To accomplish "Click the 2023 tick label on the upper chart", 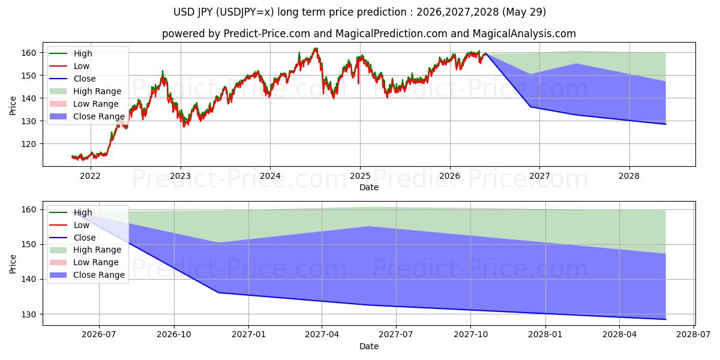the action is pyautogui.click(x=181, y=176).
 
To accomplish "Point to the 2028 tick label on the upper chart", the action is pyautogui.click(x=629, y=176).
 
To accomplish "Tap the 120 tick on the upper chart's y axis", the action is pyautogui.click(x=29, y=144).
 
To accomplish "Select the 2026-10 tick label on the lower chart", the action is pyautogui.click(x=174, y=335).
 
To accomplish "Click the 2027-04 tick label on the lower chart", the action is pyautogui.click(x=322, y=335).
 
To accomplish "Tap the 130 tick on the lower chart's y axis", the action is pyautogui.click(x=29, y=314).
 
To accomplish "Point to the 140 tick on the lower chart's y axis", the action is pyautogui.click(x=29, y=280).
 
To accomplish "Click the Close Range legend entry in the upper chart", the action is pyautogui.click(x=87, y=116).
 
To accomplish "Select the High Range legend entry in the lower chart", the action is pyautogui.click(x=85, y=250).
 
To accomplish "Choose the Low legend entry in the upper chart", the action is pyautogui.click(x=70, y=66).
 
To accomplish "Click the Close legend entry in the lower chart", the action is pyautogui.click(x=73, y=238).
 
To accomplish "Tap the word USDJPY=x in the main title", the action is pyautogui.click(x=245, y=12).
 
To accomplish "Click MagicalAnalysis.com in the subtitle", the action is pyautogui.click(x=524, y=34).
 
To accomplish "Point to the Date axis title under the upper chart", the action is pyautogui.click(x=368, y=187).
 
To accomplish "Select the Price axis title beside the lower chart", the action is pyautogui.click(x=13, y=264).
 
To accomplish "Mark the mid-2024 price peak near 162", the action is pyautogui.click(x=316, y=48).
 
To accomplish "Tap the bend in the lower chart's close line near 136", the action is pyautogui.click(x=218, y=293).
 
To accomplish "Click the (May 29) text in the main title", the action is pyautogui.click(x=524, y=12).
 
